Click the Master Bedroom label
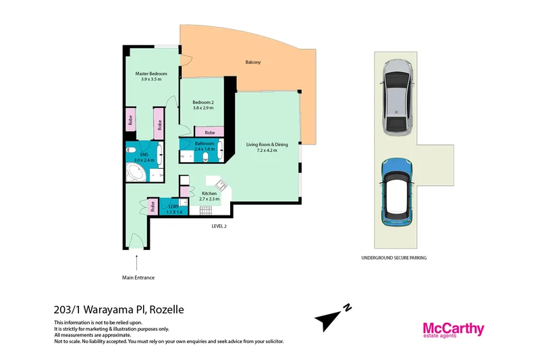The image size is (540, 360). [x=151, y=73]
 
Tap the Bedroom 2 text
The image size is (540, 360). [x=202, y=102]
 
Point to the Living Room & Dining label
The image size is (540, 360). [x=267, y=144]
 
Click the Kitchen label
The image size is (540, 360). [x=209, y=194]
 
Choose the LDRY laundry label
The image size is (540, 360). [x=173, y=207]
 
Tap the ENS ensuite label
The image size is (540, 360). [x=144, y=155]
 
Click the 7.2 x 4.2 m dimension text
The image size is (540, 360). [x=267, y=150]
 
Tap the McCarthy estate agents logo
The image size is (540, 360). [x=453, y=330]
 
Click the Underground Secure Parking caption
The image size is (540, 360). [x=394, y=258]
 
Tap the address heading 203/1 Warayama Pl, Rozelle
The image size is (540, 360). [x=118, y=310]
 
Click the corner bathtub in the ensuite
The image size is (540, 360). [x=138, y=172]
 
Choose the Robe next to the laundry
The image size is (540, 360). [x=153, y=207]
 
